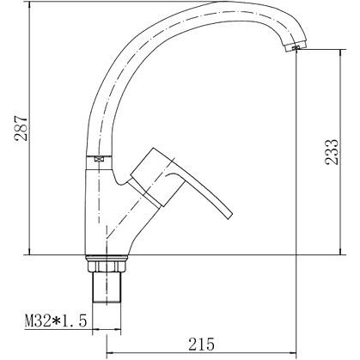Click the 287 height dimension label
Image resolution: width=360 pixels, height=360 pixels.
(x=21, y=128)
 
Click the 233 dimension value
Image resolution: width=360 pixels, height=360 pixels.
(x=332, y=152)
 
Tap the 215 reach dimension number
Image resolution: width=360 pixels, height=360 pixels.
(x=201, y=344)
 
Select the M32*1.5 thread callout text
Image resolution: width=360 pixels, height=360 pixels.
(x=56, y=320)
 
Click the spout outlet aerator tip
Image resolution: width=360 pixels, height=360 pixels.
(x=296, y=47)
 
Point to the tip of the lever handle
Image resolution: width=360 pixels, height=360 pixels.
(x=229, y=217)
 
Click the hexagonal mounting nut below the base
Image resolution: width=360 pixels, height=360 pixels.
(x=107, y=266)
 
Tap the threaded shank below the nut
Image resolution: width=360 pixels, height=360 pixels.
(x=107, y=287)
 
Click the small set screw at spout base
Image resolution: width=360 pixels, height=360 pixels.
(x=99, y=159)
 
